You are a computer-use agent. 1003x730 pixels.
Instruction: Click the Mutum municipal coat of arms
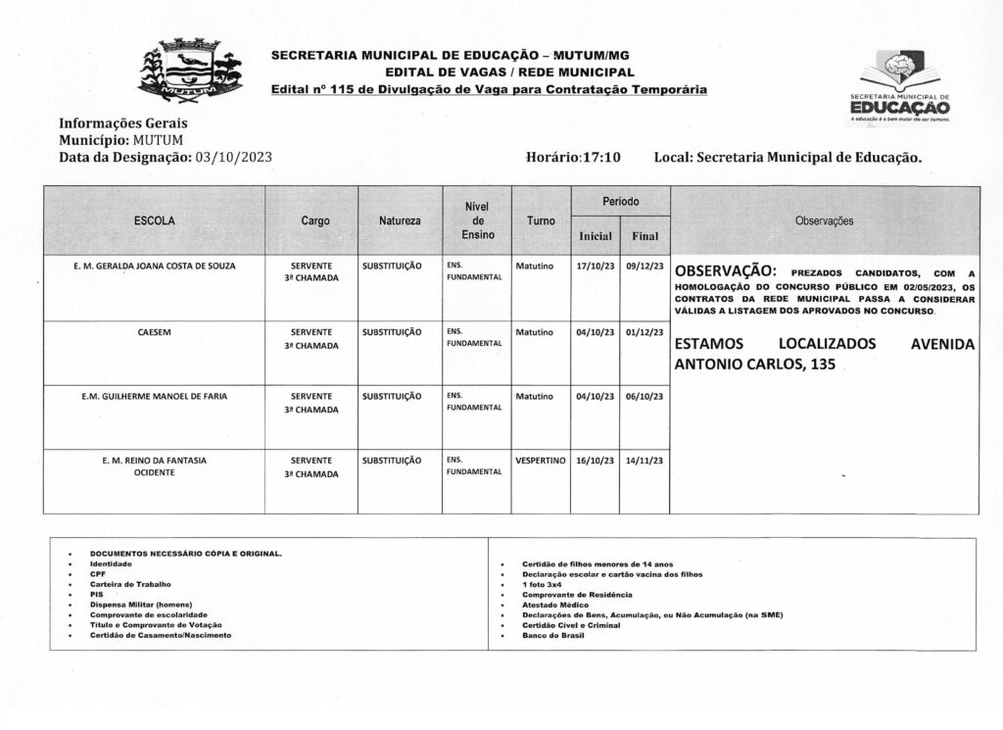tap(188, 70)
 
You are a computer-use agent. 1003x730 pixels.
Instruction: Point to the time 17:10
tap(601, 157)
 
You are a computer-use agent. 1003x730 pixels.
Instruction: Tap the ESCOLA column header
tap(155, 221)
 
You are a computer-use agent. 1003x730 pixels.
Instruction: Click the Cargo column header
tap(315, 221)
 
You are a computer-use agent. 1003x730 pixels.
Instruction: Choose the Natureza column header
tap(400, 221)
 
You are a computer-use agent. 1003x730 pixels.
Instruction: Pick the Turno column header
tap(541, 221)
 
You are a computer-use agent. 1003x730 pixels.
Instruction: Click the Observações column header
tap(824, 221)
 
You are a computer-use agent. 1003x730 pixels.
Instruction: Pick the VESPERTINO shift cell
tap(541, 460)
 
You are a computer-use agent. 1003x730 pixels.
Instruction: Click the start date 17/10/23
tap(596, 266)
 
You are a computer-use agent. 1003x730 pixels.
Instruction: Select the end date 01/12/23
tap(645, 332)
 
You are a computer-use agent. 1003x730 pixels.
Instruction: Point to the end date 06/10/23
tap(645, 396)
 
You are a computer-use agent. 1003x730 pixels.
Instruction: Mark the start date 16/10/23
tap(596, 460)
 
